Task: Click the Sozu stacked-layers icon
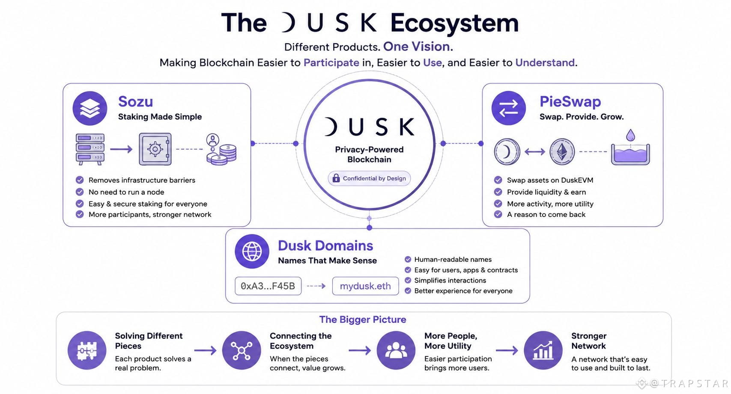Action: [x=90, y=108]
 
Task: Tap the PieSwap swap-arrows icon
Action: [x=508, y=108]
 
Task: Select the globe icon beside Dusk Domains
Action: [x=252, y=251]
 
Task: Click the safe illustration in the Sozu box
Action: [x=155, y=149]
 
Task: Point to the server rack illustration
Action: [x=90, y=149]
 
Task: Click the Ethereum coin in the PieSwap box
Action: [x=562, y=151]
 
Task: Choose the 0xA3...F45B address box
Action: [x=268, y=286]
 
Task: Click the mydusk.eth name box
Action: [x=365, y=286]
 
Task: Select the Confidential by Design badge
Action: [x=369, y=178]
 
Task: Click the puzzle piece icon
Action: [x=87, y=350]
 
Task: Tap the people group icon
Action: [x=396, y=350]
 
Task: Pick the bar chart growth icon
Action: [x=543, y=350]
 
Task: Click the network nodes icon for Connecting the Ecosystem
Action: [x=242, y=350]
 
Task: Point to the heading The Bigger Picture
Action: [x=363, y=320]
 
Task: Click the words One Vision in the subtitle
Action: [x=417, y=47]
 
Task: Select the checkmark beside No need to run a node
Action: [x=80, y=192]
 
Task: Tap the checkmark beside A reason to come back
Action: [x=498, y=214]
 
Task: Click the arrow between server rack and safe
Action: [x=121, y=149]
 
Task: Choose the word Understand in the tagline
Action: [x=545, y=62]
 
